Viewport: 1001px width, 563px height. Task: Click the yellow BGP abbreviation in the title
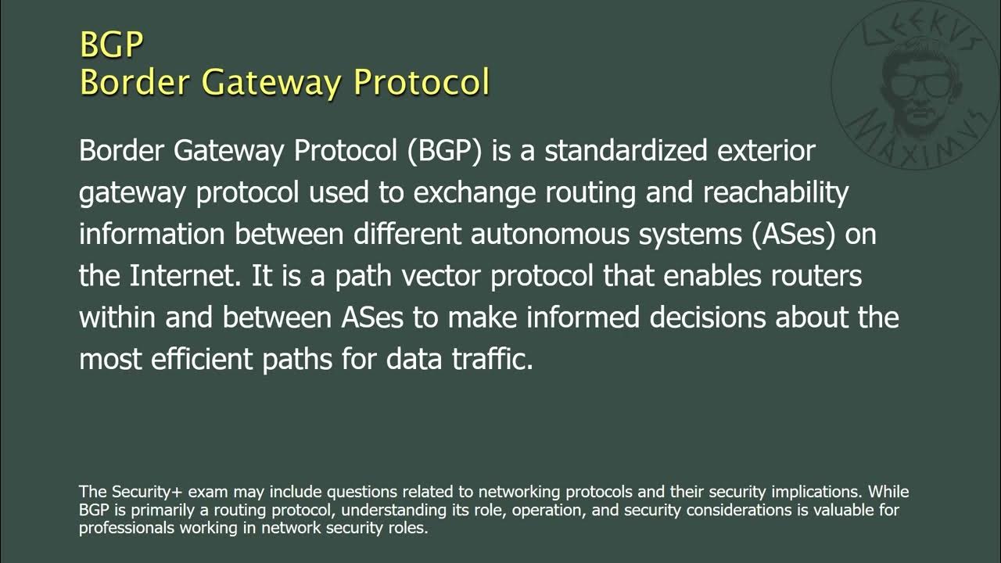coord(111,45)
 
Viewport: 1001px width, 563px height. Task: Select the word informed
coord(583,317)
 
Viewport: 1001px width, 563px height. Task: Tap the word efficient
coord(197,360)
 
